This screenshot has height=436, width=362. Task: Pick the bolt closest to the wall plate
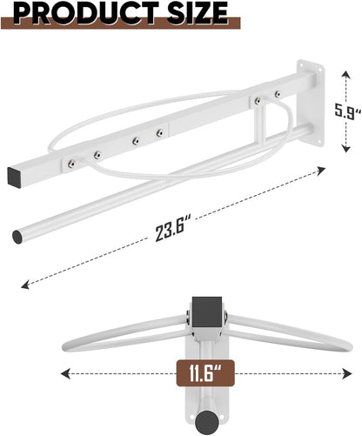278,94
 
